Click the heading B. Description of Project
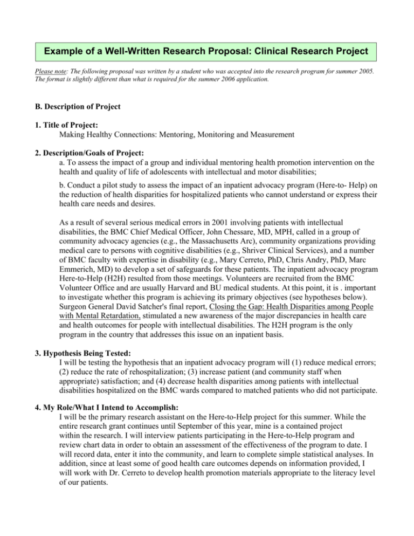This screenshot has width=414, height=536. click(79, 107)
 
